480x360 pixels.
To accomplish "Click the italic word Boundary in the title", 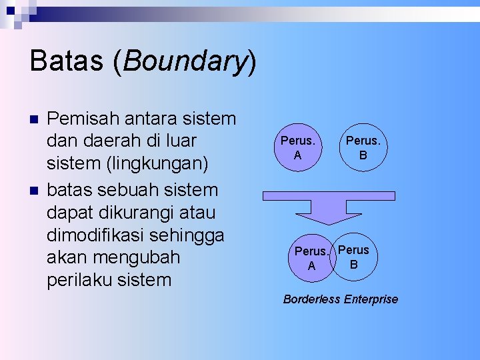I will tap(185, 61).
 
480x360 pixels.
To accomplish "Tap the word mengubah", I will tap(137, 257).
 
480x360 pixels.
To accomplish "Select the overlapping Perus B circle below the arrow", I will tap(356, 257).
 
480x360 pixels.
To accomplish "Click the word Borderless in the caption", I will tap(312, 299).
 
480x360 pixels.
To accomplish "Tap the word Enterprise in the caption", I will tap(371, 299).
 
